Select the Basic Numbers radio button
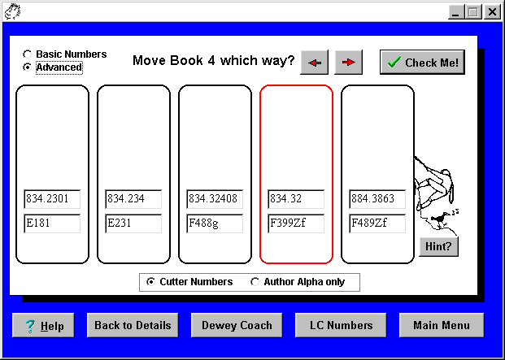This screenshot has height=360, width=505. pyautogui.click(x=28, y=54)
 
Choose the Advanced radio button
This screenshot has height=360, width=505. pyautogui.click(x=28, y=67)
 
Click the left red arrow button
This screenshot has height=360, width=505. pyautogui.click(x=315, y=62)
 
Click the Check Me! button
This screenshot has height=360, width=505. pyautogui.click(x=422, y=62)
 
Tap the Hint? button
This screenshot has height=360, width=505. pyautogui.click(x=438, y=246)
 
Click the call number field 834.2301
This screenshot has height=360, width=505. pyautogui.click(x=52, y=199)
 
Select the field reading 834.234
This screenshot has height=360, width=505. pyautogui.click(x=133, y=199)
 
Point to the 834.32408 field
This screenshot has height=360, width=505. pyautogui.click(x=215, y=199)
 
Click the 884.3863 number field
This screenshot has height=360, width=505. pyautogui.click(x=377, y=199)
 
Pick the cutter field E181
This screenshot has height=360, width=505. pyautogui.click(x=52, y=223)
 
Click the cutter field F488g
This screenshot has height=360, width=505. pyautogui.click(x=215, y=223)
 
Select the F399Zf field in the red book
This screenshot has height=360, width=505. pyautogui.click(x=296, y=223)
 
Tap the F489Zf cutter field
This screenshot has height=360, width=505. pyautogui.click(x=377, y=223)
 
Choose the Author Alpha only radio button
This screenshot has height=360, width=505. pyautogui.click(x=255, y=282)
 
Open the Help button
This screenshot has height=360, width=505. pyautogui.click(x=43, y=326)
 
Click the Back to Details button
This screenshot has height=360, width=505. pyautogui.click(x=133, y=326)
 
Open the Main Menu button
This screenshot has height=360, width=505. pyautogui.click(x=442, y=326)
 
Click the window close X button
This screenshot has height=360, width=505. pyautogui.click(x=492, y=12)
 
